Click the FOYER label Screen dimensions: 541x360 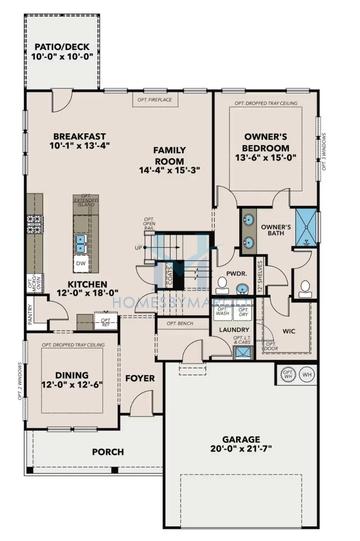click(139, 379)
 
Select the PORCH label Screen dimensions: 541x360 click(108, 452)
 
